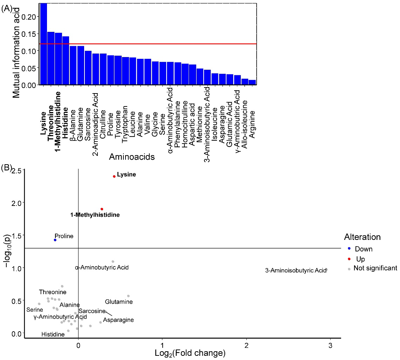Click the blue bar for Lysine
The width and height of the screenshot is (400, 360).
[x=43, y=44]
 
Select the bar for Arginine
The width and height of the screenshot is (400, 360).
[x=252, y=83]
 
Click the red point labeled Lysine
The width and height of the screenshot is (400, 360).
[x=114, y=176]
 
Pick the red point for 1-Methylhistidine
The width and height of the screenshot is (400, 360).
[x=102, y=209]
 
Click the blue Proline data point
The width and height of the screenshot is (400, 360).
[x=55, y=240]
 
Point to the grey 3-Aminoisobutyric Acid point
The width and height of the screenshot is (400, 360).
[x=326, y=270]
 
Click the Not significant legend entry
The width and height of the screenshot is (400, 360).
[x=375, y=268]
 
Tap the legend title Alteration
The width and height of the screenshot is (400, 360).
[x=362, y=237]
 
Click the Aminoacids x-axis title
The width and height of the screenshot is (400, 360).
[x=132, y=157]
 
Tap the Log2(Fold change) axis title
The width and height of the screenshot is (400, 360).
[x=190, y=353]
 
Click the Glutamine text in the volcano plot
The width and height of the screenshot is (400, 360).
[x=117, y=302]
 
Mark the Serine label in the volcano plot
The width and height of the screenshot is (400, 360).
[x=35, y=310]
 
